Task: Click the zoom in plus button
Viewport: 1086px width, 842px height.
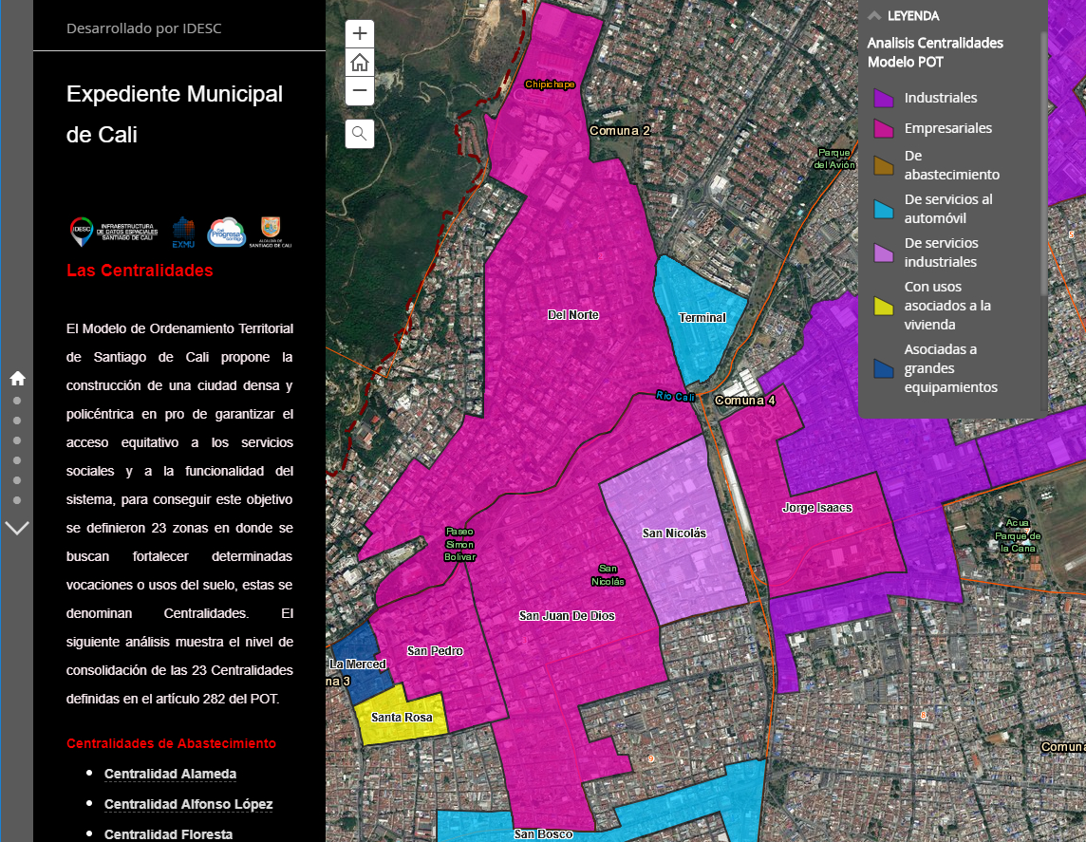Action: point(360,33)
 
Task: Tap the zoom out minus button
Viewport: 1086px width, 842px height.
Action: point(360,91)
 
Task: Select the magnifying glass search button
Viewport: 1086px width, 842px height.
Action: point(360,134)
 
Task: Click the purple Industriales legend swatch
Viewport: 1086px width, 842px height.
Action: point(884,98)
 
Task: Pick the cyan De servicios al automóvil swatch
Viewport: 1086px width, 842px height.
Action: point(884,209)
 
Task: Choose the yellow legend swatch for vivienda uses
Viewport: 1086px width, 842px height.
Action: point(884,306)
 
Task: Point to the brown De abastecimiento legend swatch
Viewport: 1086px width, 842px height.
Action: point(884,165)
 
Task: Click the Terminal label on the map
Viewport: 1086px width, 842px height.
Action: point(702,318)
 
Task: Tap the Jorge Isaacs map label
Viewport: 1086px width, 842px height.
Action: point(816,508)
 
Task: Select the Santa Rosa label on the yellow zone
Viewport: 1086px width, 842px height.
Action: point(402,718)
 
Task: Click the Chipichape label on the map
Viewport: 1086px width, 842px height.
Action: point(551,84)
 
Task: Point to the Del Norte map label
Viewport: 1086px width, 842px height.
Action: point(573,315)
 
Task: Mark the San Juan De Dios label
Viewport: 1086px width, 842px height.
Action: point(567,616)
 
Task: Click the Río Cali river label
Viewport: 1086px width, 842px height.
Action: point(675,397)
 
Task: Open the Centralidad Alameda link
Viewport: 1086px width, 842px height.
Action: point(170,774)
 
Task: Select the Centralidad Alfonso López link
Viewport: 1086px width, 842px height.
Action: point(188,804)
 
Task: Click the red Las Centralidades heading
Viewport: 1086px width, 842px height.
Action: point(140,271)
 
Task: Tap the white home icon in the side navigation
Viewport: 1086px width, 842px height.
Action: point(17,379)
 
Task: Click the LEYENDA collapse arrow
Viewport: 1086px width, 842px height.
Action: point(874,15)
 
